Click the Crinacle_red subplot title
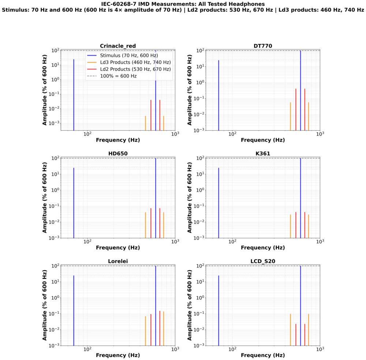(118, 46)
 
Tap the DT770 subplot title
(262, 46)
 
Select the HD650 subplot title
(118, 153)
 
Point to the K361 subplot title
(262, 153)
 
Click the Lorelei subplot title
(118, 261)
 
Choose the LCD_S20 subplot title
(262, 261)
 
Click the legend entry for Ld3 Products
(135, 62)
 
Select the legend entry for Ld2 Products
(135, 69)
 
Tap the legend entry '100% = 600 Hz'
(122, 76)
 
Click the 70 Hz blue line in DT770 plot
(219, 95)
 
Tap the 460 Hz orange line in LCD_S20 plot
(290, 330)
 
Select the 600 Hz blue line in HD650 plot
(156, 198)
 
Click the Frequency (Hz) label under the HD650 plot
(118, 248)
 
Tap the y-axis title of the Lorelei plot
(45, 305)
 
